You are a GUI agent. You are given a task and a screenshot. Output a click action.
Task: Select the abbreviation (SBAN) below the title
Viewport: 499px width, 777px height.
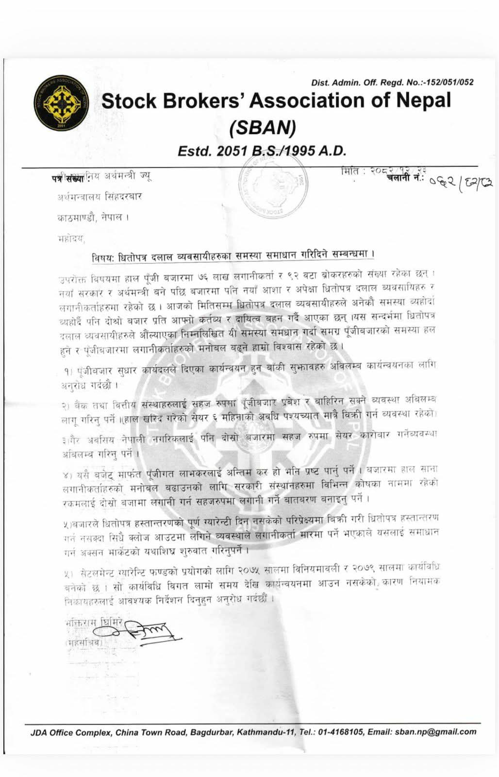point(262,127)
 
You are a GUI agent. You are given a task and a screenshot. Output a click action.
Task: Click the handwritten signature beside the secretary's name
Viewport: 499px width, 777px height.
point(146,631)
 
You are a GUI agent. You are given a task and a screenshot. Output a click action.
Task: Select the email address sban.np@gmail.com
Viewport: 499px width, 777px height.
point(435,732)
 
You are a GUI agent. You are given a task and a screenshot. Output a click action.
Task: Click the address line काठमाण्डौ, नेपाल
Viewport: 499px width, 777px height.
point(93,218)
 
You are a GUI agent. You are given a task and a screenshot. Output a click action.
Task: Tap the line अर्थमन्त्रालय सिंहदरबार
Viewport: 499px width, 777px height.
point(100,197)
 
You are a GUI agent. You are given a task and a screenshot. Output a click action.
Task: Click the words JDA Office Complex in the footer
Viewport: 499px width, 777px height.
point(70,732)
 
